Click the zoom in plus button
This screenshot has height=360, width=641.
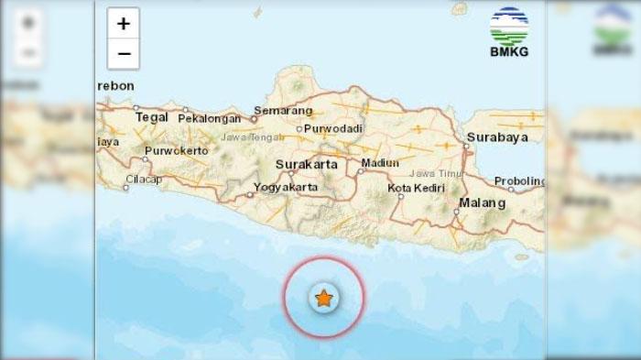124,24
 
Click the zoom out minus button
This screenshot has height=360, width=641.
124,54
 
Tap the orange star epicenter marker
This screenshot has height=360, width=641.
323,298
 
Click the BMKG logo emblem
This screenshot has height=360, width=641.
509,27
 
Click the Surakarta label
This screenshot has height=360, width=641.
306,165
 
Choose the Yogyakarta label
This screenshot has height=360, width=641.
287,187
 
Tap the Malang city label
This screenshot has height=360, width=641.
482,202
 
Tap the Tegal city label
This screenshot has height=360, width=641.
152,117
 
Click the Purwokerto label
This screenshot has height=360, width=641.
176,150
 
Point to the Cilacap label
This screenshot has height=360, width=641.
145,180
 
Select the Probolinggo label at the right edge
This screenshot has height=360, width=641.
519,181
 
